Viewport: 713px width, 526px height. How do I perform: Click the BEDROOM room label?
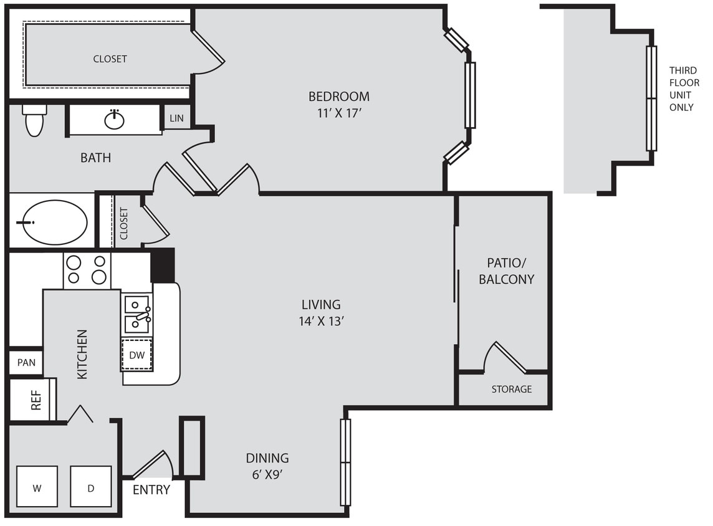(338, 97)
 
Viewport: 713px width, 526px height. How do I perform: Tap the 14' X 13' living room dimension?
(321, 322)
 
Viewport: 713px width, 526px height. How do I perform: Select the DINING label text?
(267, 458)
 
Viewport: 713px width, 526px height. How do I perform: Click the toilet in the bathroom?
(34, 121)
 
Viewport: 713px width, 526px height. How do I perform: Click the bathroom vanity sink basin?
(114, 120)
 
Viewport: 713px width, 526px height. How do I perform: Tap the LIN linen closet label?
(176, 118)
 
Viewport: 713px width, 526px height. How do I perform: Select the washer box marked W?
(37, 487)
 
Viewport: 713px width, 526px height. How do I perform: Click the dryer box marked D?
(90, 487)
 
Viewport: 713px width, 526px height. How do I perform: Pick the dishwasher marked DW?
(136, 355)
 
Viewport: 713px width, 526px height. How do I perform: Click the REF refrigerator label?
(36, 400)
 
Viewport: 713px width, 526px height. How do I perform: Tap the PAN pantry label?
(26, 362)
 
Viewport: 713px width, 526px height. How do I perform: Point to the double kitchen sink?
(137, 314)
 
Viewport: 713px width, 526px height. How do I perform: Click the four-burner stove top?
(87, 270)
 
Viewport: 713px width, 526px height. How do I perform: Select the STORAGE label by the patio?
(511, 389)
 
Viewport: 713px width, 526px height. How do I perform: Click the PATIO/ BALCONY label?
(506, 270)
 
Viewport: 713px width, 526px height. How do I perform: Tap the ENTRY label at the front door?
(151, 490)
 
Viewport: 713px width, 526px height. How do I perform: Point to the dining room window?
(345, 462)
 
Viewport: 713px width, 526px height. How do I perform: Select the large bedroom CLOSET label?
(110, 59)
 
